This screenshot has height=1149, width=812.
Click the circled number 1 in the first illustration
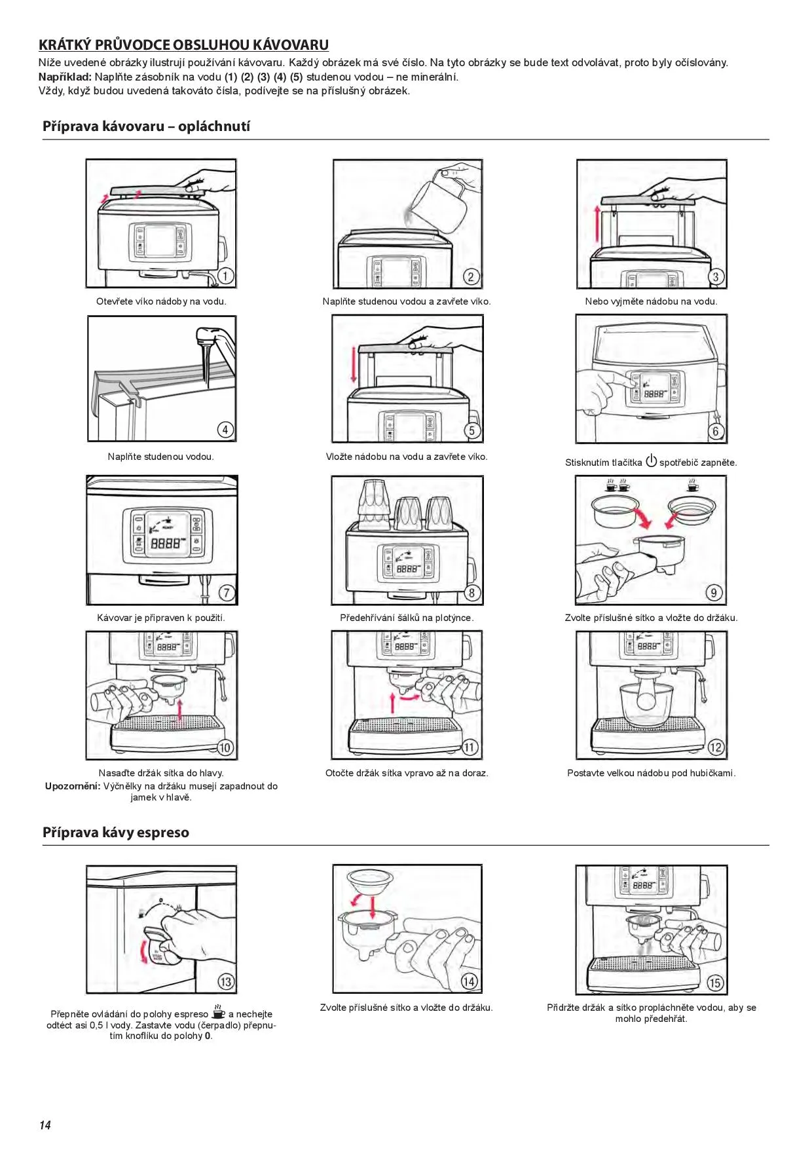[225, 276]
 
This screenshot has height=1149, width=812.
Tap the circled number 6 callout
[715, 430]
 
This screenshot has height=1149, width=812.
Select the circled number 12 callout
[715, 747]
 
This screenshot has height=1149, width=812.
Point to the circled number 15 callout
[714, 983]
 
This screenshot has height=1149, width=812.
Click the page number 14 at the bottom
[45, 1125]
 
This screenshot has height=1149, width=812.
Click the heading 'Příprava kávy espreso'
[116, 833]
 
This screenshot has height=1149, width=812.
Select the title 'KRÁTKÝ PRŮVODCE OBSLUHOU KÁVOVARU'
[183, 45]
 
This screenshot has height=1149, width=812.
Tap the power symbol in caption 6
[651, 461]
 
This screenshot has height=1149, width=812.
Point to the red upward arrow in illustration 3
[597, 223]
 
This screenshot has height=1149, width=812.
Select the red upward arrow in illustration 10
[181, 710]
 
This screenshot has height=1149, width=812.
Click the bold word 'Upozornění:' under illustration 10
[72, 786]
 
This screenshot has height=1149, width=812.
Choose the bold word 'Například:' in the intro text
[65, 77]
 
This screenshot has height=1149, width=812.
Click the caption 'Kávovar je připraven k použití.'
[161, 618]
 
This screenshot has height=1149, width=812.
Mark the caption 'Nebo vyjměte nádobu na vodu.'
[651, 301]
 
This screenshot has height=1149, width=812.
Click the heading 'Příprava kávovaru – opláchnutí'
[146, 126]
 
